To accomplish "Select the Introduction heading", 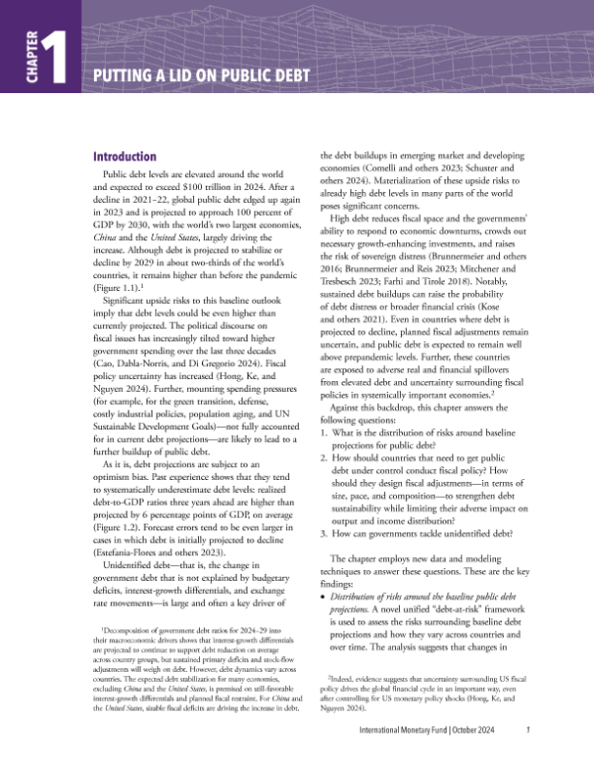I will [124, 157].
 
